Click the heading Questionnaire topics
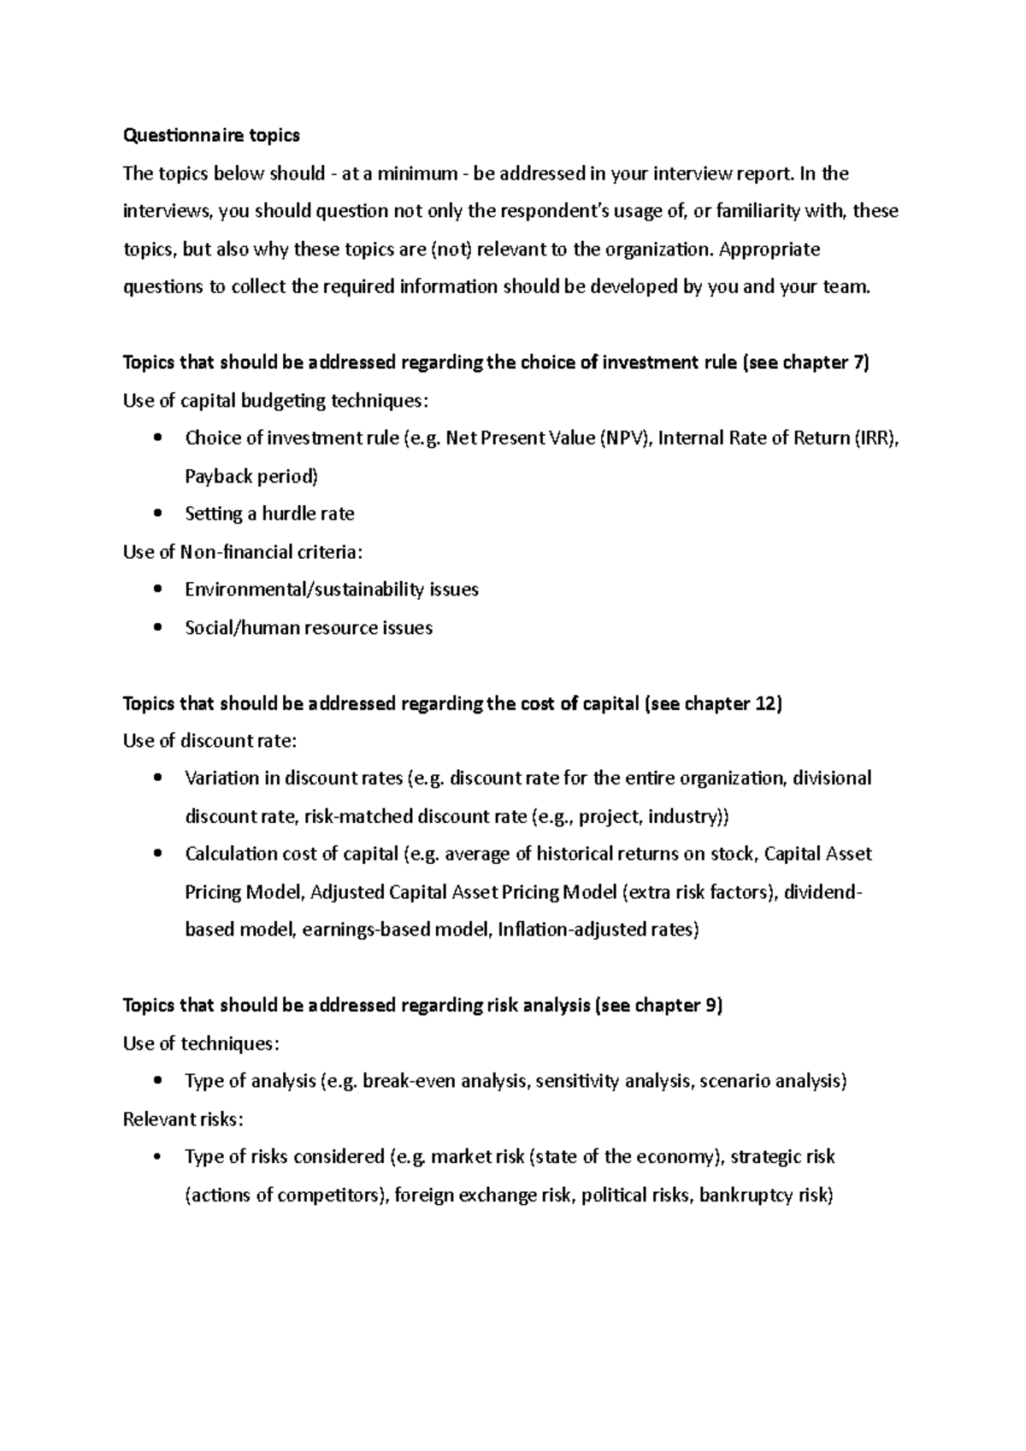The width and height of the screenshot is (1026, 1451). (x=211, y=135)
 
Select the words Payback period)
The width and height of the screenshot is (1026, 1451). (x=251, y=476)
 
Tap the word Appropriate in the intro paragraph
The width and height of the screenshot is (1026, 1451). (x=769, y=250)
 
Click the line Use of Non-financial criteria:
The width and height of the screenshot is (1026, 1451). (x=243, y=552)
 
